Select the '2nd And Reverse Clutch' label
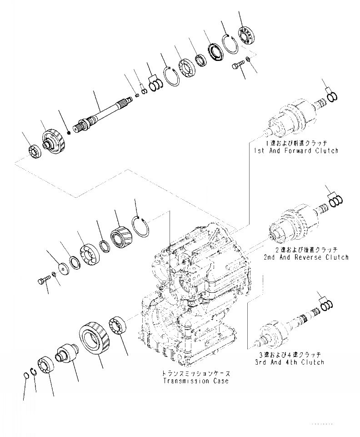(305, 257)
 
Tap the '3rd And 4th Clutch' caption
(290, 362)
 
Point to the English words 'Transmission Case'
(197, 381)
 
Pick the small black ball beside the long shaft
(68, 132)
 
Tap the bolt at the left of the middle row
(41, 281)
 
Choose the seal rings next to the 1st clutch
(333, 96)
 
